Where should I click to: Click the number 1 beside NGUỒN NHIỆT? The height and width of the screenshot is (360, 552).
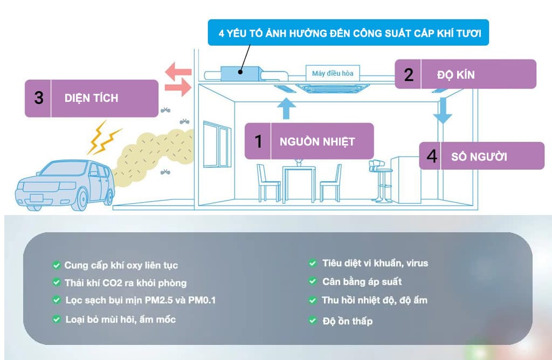pos(258,141)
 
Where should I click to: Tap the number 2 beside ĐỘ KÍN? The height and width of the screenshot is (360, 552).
pos(409,74)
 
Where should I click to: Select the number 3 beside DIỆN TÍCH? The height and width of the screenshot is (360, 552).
pos(38,99)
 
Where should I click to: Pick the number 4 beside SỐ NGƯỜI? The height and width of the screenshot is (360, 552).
pos(432,156)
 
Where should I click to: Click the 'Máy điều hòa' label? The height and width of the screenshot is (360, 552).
pos(333,73)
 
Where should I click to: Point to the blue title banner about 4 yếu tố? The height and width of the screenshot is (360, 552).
pos(348,33)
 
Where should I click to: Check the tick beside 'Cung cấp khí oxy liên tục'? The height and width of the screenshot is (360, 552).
pos(56,265)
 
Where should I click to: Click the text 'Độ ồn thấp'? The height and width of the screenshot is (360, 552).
pos(348,321)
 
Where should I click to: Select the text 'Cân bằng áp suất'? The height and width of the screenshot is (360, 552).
pos(362,282)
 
